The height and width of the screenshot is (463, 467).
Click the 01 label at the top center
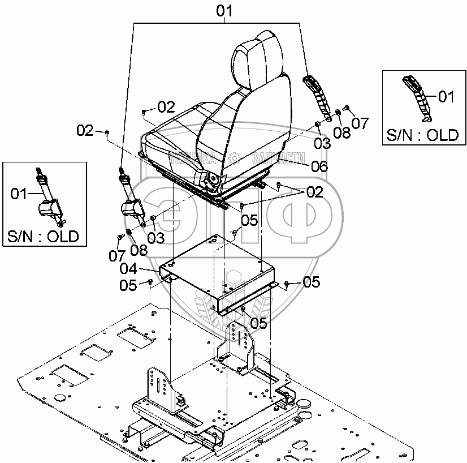(x=225, y=11)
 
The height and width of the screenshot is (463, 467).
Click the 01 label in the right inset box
(x=446, y=97)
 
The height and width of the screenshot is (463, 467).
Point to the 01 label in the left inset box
(x=20, y=194)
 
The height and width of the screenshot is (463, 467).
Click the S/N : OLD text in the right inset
(x=422, y=135)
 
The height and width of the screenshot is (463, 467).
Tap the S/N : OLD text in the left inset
(x=44, y=235)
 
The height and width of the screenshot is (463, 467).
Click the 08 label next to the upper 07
(x=341, y=132)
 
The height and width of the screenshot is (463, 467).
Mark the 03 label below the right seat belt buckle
(x=322, y=144)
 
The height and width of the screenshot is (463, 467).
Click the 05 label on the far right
(x=312, y=281)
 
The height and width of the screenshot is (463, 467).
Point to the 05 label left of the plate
(x=128, y=285)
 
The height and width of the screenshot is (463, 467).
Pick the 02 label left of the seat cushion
(x=85, y=131)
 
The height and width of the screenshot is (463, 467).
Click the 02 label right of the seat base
(x=314, y=192)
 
